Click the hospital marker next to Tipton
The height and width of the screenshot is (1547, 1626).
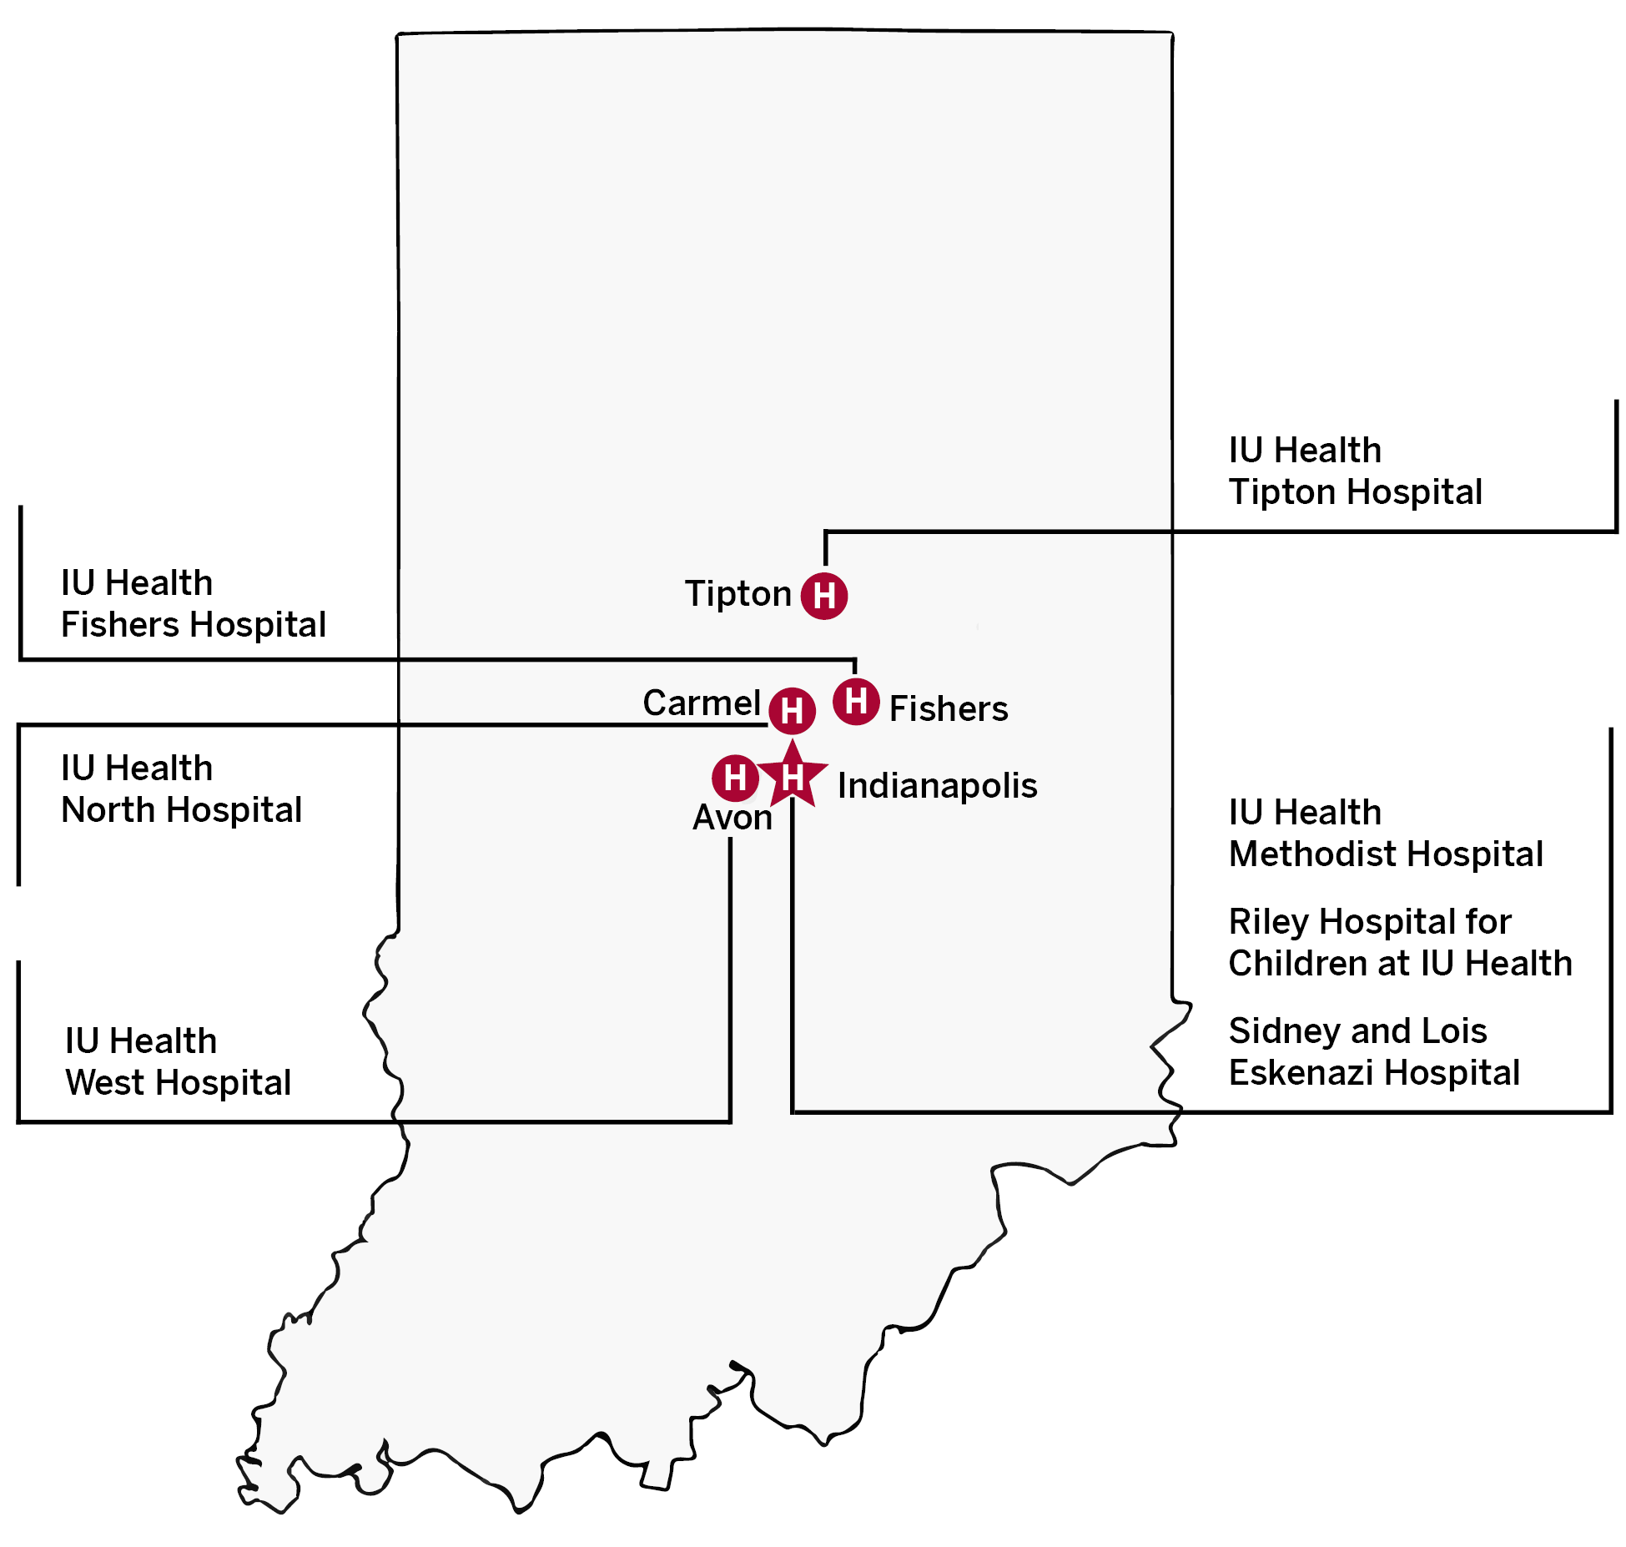[x=824, y=596]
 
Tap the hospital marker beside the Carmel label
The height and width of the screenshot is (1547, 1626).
[x=792, y=711]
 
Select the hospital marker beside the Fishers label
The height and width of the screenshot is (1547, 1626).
[x=856, y=702]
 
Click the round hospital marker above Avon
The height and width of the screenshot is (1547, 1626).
[x=735, y=778]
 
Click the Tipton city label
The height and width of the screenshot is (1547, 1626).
[x=737, y=594]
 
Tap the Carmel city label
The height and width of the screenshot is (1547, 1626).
[x=701, y=703]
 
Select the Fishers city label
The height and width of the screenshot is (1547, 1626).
[x=949, y=709]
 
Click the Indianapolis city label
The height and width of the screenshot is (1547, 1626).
[x=937, y=786]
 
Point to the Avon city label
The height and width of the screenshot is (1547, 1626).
[x=732, y=818]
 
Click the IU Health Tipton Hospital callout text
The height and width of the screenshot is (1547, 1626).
[x=1355, y=471]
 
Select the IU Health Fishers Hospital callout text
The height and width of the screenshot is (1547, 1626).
[x=193, y=604]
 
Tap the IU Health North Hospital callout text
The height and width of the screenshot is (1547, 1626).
[x=181, y=789]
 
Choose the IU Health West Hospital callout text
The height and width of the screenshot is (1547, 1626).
[x=178, y=1062]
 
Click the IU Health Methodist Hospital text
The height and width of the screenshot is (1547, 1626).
[x=1386, y=834]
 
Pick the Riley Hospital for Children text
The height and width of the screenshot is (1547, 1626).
[x=1400, y=943]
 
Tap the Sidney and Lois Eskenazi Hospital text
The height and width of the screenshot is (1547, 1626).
[x=1374, y=1052]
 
